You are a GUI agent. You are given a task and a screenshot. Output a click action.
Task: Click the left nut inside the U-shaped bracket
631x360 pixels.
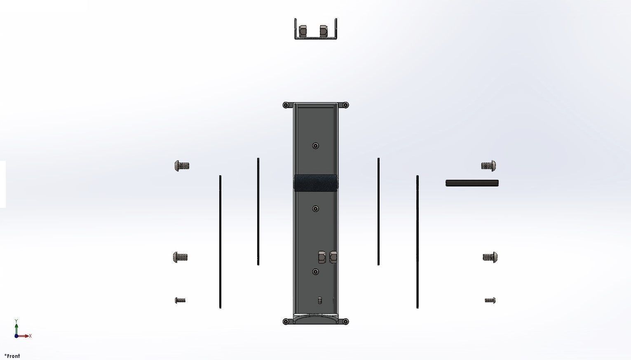pos(303,31)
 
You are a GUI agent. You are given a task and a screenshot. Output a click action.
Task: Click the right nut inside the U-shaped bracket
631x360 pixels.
pos(324,31)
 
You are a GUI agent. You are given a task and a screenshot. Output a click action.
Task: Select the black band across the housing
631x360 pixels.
pos(316,183)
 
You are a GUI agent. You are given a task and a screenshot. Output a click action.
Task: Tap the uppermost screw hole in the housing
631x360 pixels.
pos(316,146)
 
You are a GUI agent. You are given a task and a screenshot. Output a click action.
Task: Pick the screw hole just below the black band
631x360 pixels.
pos(316,209)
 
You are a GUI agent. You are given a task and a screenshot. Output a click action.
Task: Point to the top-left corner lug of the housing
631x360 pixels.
pos(286,105)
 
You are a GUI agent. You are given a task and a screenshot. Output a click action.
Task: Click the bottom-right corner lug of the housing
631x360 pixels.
pos(345,322)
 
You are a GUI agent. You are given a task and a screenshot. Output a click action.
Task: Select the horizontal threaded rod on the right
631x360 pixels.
pos(472,183)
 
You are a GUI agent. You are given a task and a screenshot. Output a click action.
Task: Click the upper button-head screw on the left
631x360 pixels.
pos(182,166)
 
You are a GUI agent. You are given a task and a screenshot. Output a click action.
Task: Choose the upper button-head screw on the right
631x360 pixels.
pos(489,166)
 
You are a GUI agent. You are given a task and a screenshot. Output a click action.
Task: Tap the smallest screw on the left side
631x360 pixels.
pos(180,300)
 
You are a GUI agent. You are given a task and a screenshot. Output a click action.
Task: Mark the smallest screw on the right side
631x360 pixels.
pos(490,300)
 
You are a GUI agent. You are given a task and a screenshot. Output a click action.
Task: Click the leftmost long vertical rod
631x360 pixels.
pos(220,241)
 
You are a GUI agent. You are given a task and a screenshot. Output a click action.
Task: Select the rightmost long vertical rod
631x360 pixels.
pos(418,241)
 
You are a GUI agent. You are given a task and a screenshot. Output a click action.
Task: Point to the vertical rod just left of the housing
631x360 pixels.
pos(258,211)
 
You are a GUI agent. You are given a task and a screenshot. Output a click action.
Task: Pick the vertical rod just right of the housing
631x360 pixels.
pos(378,211)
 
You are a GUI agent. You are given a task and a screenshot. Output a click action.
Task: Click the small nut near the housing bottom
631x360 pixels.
pos(320,301)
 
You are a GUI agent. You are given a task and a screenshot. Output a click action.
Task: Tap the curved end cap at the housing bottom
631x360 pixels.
pos(316,320)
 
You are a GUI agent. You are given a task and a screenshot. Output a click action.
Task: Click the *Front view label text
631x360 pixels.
pos(12,356)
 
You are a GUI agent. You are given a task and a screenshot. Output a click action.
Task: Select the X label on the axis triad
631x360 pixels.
pos(30,336)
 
